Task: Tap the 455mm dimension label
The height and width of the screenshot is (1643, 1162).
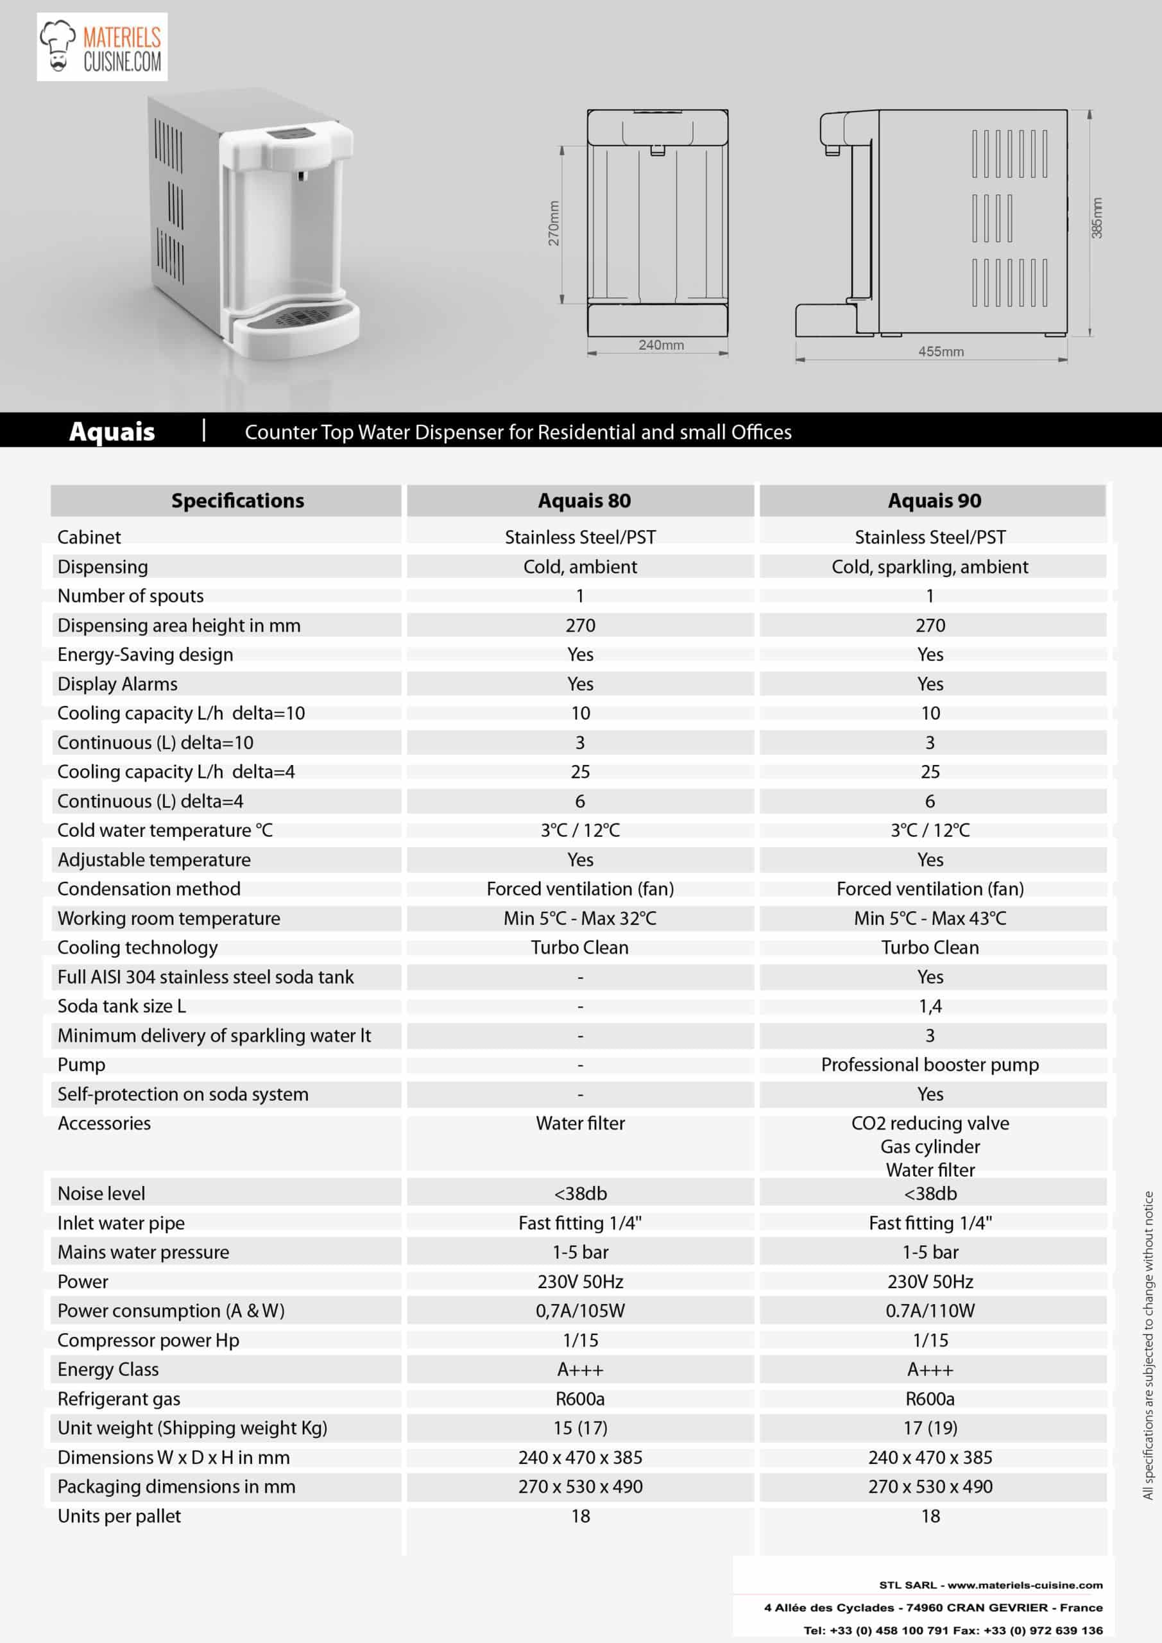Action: click(x=940, y=351)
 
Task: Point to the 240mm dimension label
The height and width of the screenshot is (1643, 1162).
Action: click(x=660, y=345)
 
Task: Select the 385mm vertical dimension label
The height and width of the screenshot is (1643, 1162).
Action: click(x=1097, y=218)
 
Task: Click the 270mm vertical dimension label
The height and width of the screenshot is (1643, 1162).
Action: click(x=554, y=223)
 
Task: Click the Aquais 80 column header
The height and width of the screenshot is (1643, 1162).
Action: click(x=584, y=501)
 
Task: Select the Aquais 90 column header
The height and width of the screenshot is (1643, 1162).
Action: click(x=934, y=501)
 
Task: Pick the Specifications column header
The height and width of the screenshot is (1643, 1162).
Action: click(x=237, y=501)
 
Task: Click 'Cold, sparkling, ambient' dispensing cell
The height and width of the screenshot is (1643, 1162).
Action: click(x=930, y=567)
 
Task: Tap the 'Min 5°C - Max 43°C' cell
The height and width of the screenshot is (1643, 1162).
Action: click(x=930, y=918)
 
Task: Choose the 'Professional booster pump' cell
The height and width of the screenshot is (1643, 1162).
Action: click(x=930, y=1065)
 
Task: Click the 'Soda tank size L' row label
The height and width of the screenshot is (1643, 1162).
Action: click(x=122, y=1006)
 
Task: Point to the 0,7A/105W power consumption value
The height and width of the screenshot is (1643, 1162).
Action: click(x=580, y=1311)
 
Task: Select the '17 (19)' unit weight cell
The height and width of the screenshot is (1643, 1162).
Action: click(x=930, y=1427)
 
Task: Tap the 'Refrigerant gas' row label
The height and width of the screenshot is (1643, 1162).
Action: click(x=119, y=1398)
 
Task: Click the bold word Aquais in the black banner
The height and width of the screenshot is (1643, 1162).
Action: click(x=112, y=431)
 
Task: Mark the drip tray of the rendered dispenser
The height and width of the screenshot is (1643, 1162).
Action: click(x=300, y=325)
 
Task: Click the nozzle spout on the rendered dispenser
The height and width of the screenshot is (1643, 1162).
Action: click(x=301, y=175)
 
